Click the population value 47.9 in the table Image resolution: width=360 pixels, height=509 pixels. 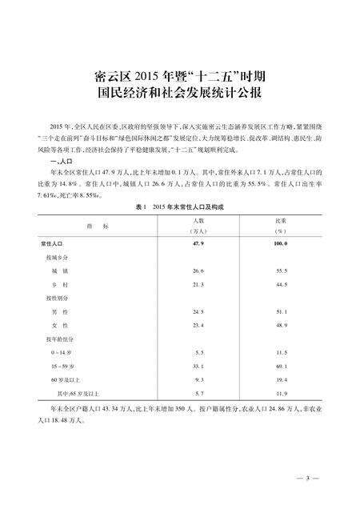[x=199, y=241]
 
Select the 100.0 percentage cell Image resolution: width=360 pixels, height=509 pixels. [x=279, y=241]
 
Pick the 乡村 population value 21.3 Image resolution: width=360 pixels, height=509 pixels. [x=199, y=284]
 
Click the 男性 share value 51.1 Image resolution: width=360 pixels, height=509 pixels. [x=279, y=312]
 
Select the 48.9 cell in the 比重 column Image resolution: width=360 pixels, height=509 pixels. [x=279, y=325]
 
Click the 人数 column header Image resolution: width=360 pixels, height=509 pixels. [x=199, y=219]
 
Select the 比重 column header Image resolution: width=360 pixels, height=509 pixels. [x=279, y=219]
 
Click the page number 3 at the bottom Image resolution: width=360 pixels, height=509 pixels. [x=307, y=479]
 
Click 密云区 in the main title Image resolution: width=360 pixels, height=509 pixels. [x=111, y=77]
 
